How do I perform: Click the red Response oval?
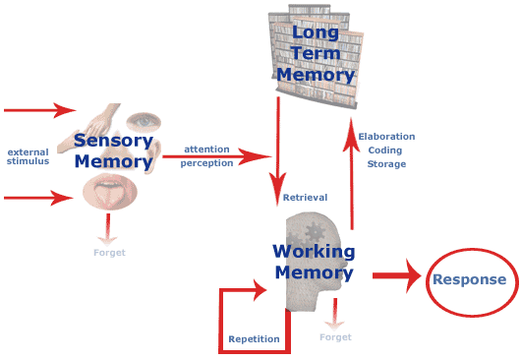469,280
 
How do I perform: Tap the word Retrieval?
305,198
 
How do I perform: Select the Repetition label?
254,339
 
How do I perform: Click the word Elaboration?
386,137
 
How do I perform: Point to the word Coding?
386,150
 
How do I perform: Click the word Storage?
386,164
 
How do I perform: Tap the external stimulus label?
29,156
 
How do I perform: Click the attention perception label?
205,155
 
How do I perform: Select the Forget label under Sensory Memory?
109,253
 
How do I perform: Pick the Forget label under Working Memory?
335,337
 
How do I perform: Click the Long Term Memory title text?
314,53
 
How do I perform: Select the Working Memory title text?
313,262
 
